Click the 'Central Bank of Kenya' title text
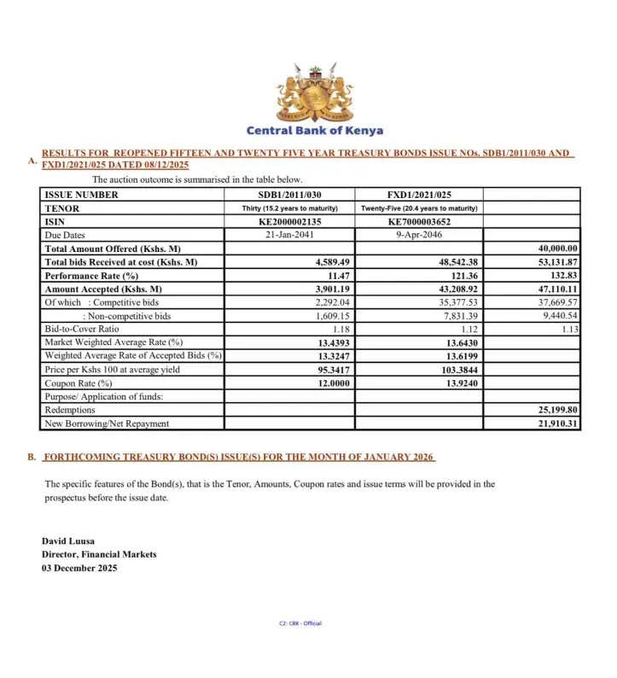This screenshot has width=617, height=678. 314,131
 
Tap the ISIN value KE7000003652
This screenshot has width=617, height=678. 418,222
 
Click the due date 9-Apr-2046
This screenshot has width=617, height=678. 418,235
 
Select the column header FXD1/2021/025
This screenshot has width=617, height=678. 418,195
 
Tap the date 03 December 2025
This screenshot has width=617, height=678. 79,568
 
